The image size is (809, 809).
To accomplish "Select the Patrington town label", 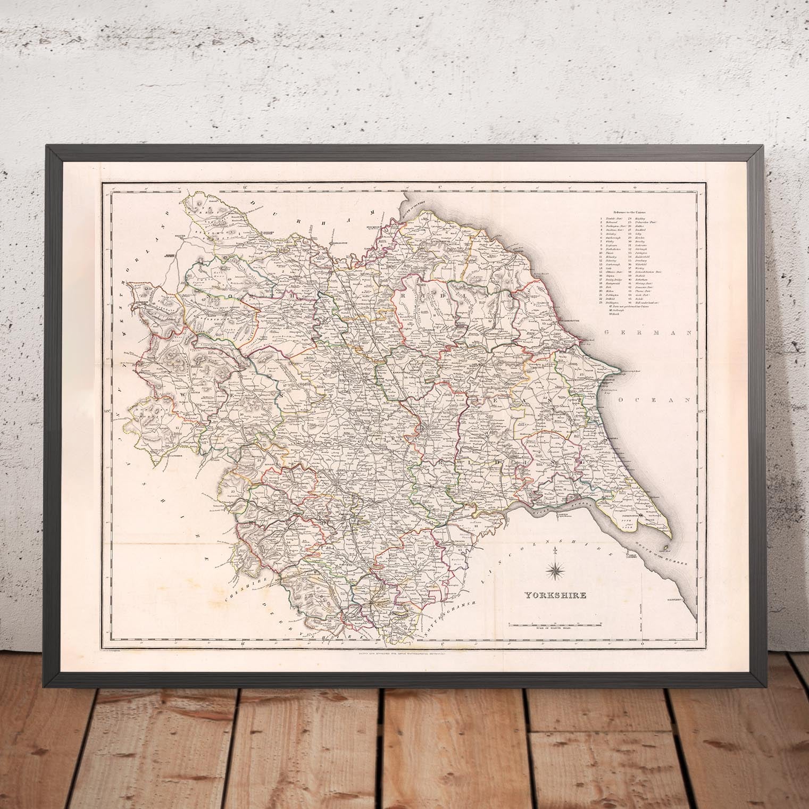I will point(627,515).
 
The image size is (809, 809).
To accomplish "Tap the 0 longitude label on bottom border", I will point(643,644).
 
